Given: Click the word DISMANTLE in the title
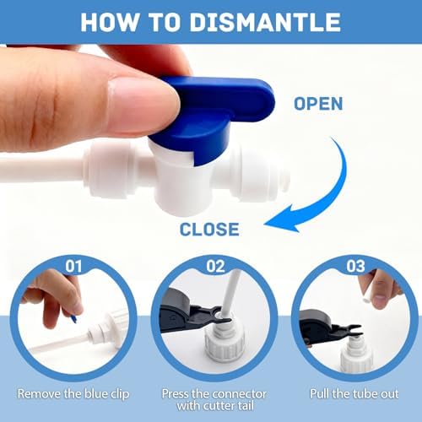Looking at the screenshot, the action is [266, 22].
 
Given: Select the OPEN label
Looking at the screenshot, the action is [318, 104].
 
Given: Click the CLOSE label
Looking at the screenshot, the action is [209, 229].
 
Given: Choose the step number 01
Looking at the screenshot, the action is [73, 266].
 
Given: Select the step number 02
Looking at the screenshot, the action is [215, 266].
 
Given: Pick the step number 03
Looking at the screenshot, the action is [355, 266].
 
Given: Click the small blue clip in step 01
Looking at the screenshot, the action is [74, 319].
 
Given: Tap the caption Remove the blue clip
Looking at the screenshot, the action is [73, 394].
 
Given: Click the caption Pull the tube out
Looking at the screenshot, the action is [354, 393].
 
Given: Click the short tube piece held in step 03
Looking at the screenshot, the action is [366, 296].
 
